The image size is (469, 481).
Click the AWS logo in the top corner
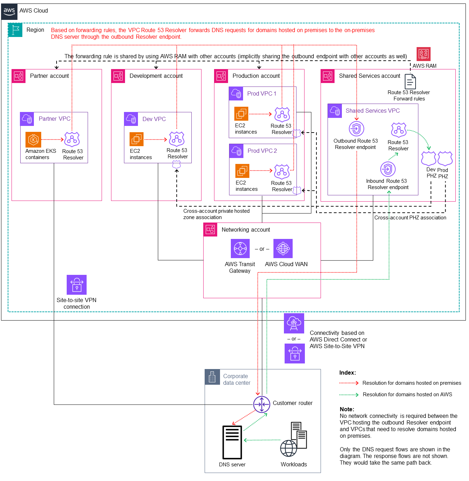[9, 11]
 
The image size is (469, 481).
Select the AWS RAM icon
[423, 54]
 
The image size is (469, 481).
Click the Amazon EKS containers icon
[34, 140]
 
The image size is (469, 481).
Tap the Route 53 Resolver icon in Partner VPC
[72, 140]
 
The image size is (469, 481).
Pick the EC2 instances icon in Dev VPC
[137, 139]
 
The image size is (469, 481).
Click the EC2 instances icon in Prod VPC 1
[241, 114]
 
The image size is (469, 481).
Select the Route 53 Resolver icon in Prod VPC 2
[282, 172]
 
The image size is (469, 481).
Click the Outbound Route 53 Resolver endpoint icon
[356, 129]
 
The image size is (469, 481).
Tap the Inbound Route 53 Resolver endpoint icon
[388, 170]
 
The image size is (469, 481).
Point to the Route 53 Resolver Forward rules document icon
[410, 82]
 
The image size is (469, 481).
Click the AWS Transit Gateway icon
[240, 249]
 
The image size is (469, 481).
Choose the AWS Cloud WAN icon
[283, 249]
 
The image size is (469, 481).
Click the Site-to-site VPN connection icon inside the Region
[76, 285]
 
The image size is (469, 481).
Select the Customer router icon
[262, 405]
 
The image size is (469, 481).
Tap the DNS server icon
[232, 442]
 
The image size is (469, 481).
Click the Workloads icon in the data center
[294, 439]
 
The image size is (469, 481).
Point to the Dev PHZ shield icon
[428, 158]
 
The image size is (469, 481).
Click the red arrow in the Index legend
[349, 383]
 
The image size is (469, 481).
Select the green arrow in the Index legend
[349, 395]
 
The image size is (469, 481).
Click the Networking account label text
[246, 230]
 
